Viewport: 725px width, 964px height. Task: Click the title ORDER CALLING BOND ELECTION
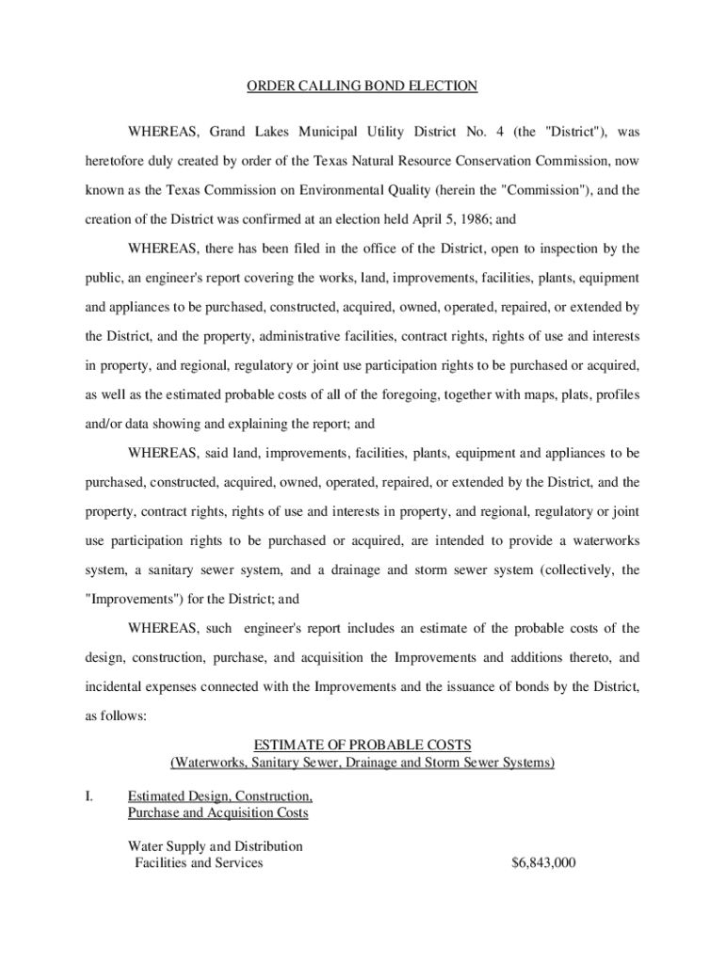point(362,87)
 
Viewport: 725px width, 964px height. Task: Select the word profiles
point(615,394)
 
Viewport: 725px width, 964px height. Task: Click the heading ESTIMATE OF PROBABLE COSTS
point(362,745)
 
